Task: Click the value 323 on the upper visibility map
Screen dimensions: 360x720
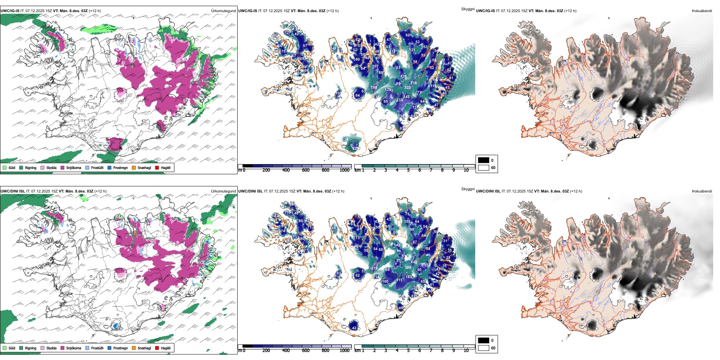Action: click(x=407, y=88)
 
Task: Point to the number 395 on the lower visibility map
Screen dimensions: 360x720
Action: click(x=408, y=268)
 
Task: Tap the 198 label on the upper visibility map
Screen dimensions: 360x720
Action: click(x=374, y=88)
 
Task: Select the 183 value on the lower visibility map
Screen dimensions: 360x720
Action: click(x=409, y=277)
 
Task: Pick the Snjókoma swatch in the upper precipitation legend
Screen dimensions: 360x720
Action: click(x=63, y=167)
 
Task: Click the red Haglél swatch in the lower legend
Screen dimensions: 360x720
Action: click(x=157, y=348)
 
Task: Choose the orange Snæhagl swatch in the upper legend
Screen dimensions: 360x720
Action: click(x=134, y=167)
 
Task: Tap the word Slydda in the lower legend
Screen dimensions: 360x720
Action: click(x=51, y=348)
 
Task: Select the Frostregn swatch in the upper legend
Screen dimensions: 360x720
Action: click(x=110, y=167)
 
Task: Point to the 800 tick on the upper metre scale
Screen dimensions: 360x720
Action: click(x=325, y=170)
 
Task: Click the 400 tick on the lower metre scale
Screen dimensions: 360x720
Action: click(x=286, y=351)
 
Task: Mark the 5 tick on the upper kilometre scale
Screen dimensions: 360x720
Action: click(x=408, y=170)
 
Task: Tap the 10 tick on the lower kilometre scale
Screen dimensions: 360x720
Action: click(x=466, y=351)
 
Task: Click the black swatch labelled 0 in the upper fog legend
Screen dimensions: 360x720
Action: click(x=484, y=160)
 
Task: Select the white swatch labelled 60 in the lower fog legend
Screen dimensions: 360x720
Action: click(x=484, y=348)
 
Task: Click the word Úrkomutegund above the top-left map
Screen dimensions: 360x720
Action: click(x=223, y=11)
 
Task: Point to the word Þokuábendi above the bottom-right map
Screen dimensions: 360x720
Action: click(x=702, y=191)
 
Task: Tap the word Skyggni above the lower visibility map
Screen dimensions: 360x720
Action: click(x=468, y=189)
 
